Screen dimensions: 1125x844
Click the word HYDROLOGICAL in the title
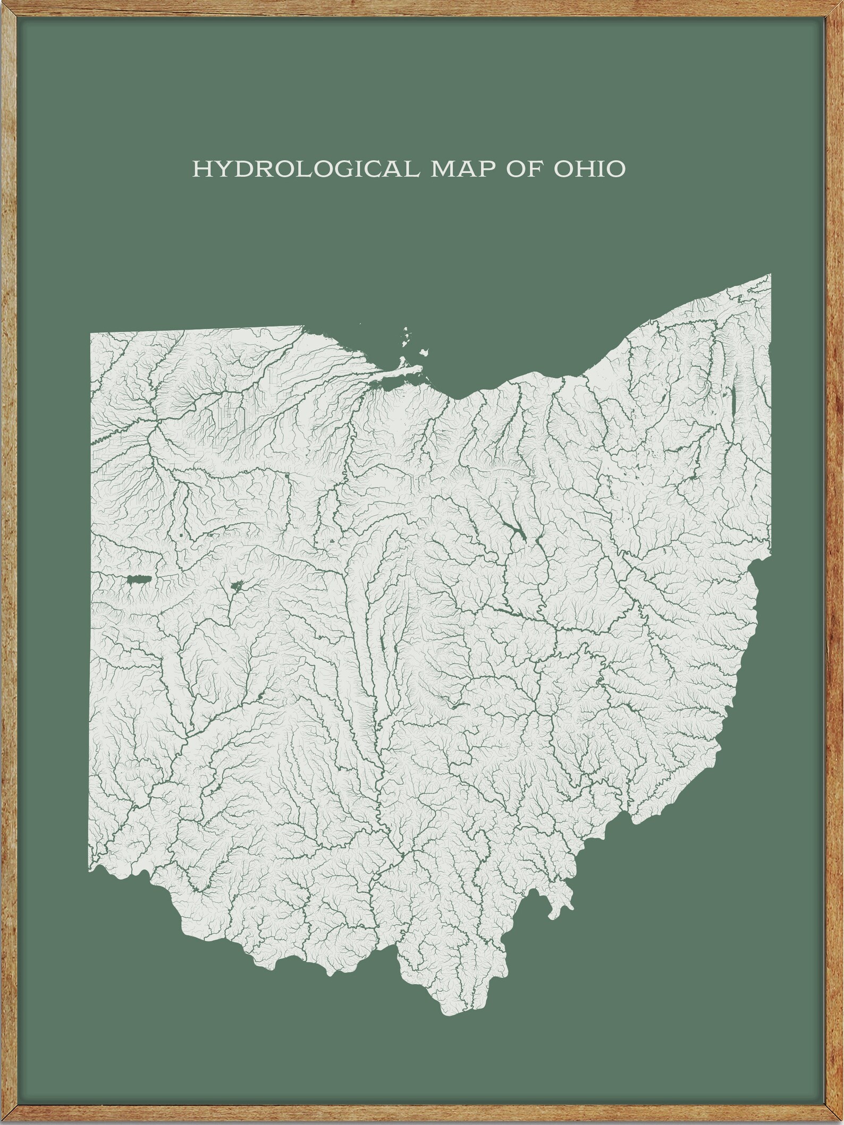coord(308,169)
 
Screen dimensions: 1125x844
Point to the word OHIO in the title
coord(589,169)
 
